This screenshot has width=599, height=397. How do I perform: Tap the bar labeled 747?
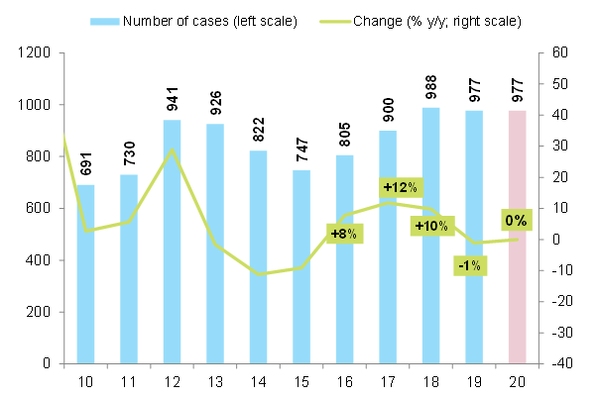point(301,267)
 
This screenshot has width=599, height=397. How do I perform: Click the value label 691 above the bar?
point(85,162)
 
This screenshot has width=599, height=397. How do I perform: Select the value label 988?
point(430,85)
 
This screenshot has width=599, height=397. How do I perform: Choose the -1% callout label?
point(469,265)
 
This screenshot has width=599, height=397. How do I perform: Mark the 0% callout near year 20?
point(516,220)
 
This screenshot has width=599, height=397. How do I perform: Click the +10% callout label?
point(431,227)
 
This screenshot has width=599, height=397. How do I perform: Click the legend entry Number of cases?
point(210,21)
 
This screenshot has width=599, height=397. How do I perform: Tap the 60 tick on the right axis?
point(557,53)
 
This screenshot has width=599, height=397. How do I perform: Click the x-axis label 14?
point(259,381)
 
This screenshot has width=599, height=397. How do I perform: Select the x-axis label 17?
point(388,381)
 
